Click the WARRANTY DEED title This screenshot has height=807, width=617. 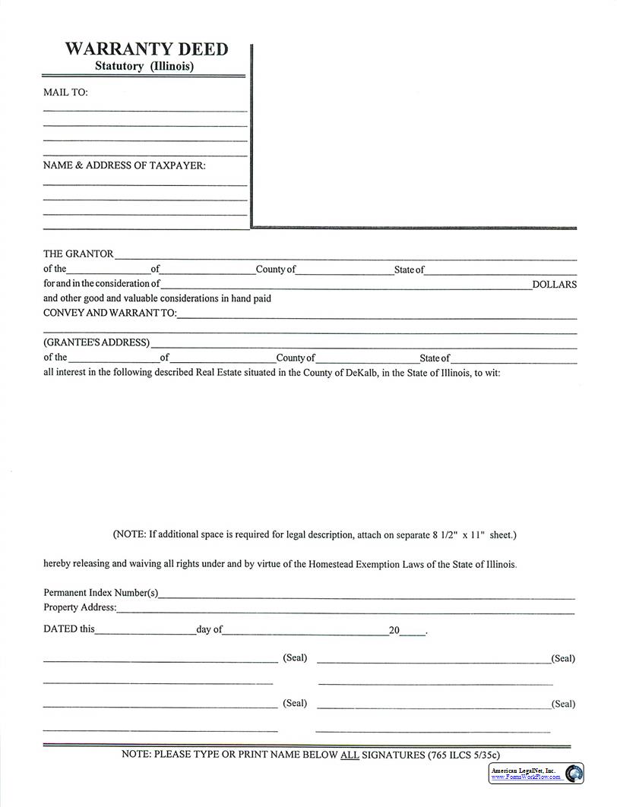pyautogui.click(x=146, y=49)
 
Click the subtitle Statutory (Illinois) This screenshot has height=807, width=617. pyautogui.click(x=144, y=67)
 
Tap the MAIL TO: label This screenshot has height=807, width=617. pyautogui.click(x=65, y=93)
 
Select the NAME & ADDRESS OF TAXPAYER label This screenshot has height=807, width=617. pyautogui.click(x=124, y=165)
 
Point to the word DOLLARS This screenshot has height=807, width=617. pyautogui.click(x=554, y=285)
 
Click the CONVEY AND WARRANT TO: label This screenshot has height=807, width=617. pyautogui.click(x=109, y=313)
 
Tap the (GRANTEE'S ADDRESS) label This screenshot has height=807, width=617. pyautogui.click(x=97, y=342)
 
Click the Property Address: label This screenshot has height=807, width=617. pyautogui.click(x=80, y=607)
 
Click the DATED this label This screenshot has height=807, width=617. pyautogui.click(x=69, y=629)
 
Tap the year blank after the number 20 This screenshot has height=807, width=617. pyautogui.click(x=412, y=631)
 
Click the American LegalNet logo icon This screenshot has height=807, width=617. pyautogui.click(x=574, y=773)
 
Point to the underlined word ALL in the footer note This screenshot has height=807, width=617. pyautogui.click(x=349, y=755)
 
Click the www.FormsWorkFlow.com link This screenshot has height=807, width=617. pyautogui.click(x=526, y=777)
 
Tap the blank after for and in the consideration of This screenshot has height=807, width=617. pyautogui.click(x=346, y=285)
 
